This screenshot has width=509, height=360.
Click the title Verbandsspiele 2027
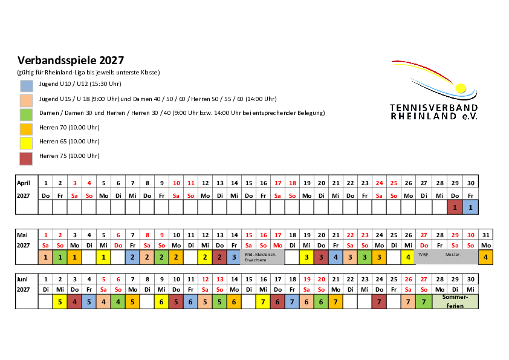coord(71,60)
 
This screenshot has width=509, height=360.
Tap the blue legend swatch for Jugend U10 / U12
coord(26,86)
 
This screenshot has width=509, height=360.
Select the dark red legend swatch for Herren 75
coord(26,159)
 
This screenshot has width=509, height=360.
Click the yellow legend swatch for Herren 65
coord(26,143)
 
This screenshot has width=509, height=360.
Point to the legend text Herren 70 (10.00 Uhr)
coord(69,128)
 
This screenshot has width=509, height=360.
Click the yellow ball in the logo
coord(461,88)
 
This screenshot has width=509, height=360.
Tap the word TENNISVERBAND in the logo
coord(433,108)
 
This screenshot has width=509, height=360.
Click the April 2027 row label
coord(24,189)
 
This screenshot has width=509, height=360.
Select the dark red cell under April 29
coord(455,208)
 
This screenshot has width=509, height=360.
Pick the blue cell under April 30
coord(470,208)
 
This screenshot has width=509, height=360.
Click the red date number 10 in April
coord(177,183)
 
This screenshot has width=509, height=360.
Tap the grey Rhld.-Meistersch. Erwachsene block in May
coord(262,257)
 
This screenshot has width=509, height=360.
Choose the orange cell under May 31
coord(485,257)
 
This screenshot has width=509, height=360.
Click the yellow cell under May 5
coord(103,257)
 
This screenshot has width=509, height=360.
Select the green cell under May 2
coord(60,257)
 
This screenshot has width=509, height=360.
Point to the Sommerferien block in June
coord(455,301)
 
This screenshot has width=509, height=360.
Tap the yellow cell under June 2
coord(60,301)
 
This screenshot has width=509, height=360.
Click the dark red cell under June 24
coord(379,301)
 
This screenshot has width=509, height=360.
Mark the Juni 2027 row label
coord(23,284)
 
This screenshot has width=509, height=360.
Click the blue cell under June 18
coord(292,301)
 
